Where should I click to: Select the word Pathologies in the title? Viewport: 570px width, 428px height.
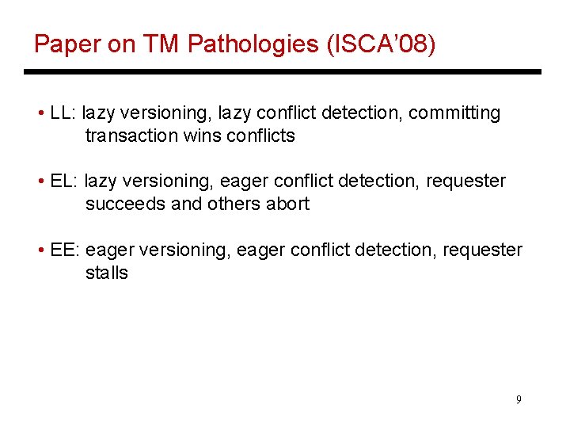(x=253, y=44)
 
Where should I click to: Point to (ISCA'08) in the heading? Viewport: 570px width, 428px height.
(x=381, y=44)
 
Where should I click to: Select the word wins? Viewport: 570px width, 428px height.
(x=202, y=136)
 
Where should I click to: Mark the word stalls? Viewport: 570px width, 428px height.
(x=107, y=273)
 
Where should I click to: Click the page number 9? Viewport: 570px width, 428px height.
(x=519, y=399)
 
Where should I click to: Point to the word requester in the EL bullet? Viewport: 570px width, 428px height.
(x=466, y=182)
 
